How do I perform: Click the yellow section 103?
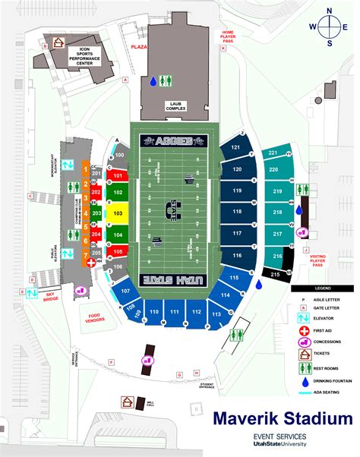pos(118,214)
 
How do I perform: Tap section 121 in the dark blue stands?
pos(236,147)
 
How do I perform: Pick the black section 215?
pos(276,273)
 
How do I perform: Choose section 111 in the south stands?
pos(175,312)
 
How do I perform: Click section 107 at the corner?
pos(125,291)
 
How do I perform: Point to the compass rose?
pos(330,26)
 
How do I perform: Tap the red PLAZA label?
pos(137,46)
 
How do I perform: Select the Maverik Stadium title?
pos(283,419)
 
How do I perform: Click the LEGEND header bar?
pos(323,289)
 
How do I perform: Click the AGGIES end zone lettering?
pos(173,140)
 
